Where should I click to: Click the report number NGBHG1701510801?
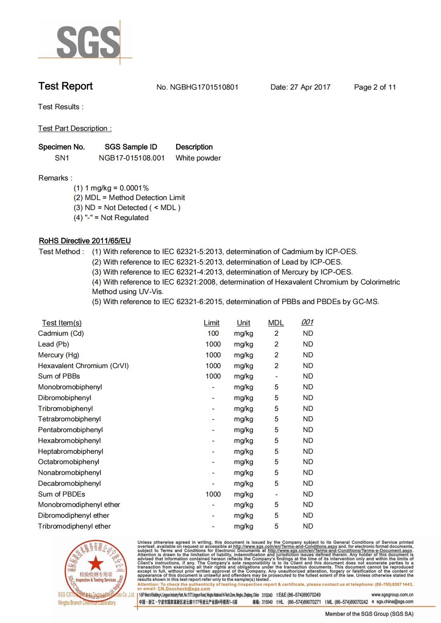(204, 87)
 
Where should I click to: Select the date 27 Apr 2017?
(310, 87)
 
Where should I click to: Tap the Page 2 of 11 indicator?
(375, 87)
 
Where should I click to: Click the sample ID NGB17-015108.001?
(132, 158)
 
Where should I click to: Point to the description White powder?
(198, 158)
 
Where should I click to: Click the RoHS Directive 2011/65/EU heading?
(85, 241)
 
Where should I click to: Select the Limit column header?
(211, 323)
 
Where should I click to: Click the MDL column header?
(276, 323)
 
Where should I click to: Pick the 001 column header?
(307, 323)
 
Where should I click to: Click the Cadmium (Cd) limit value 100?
(213, 334)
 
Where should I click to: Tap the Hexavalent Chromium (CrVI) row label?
(83, 366)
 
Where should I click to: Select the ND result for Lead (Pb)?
(308, 344)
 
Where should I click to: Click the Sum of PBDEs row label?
(62, 494)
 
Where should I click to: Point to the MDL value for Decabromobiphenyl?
(277, 483)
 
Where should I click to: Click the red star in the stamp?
(95, 564)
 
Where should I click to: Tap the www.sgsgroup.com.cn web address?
(392, 595)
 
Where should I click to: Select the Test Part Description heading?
(75, 128)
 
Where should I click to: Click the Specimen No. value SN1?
(62, 158)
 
